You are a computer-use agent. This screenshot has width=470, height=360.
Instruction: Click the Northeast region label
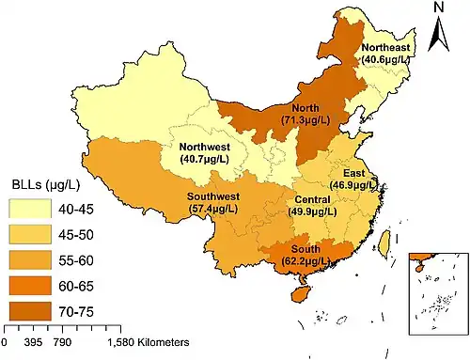[385, 47]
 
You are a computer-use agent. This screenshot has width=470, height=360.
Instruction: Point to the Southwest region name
[213, 196]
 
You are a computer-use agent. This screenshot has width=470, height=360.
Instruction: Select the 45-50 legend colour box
[30, 231]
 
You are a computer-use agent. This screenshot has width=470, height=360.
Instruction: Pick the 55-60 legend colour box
[30, 256]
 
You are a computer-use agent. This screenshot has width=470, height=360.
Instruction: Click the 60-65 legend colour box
[30, 280]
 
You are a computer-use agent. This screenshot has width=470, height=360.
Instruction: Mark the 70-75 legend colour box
[30, 305]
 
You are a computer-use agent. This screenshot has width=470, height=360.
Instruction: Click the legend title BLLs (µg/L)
[43, 183]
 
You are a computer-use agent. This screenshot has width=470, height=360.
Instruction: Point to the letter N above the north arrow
[439, 8]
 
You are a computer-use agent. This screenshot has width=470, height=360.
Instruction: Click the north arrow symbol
[439, 35]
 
